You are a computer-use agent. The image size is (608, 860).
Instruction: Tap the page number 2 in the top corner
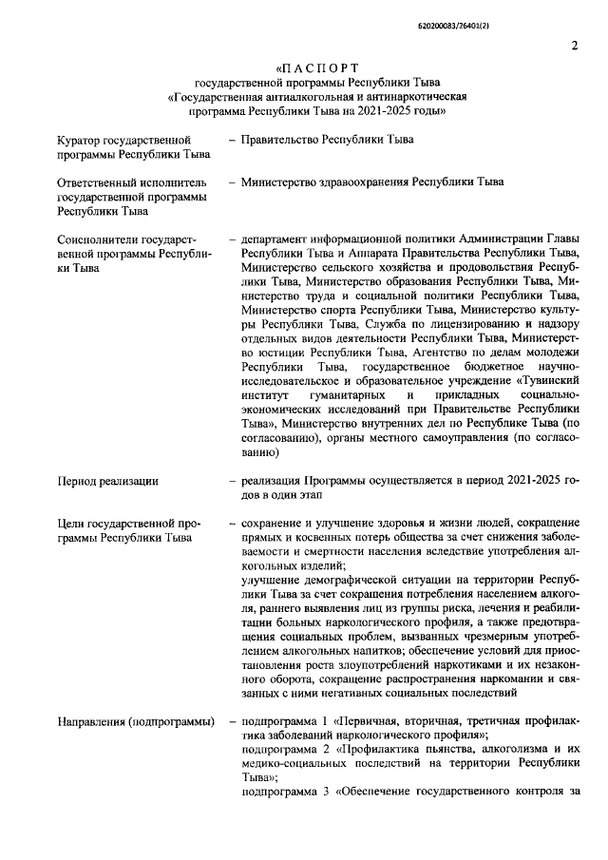pyautogui.click(x=574, y=46)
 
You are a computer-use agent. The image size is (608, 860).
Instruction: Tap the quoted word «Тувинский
pyautogui.click(x=545, y=380)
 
